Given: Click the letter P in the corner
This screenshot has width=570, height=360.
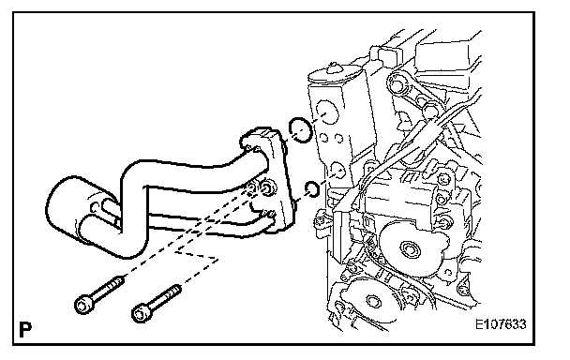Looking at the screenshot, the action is point(25,329).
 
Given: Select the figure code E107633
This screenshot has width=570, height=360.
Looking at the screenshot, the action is point(501,323).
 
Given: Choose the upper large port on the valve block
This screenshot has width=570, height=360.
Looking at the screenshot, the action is point(327,112).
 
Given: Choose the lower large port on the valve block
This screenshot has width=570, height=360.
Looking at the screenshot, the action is point(338,170).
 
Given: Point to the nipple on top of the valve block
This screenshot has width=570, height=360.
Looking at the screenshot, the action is point(334,68).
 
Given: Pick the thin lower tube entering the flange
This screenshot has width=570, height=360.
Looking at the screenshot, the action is point(203,224).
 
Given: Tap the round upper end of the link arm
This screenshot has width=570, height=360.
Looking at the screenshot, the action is point(397,84).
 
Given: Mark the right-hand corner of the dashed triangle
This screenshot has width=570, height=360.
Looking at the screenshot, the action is point(218,260).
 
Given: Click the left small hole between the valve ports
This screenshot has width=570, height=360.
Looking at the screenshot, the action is point(323,138).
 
